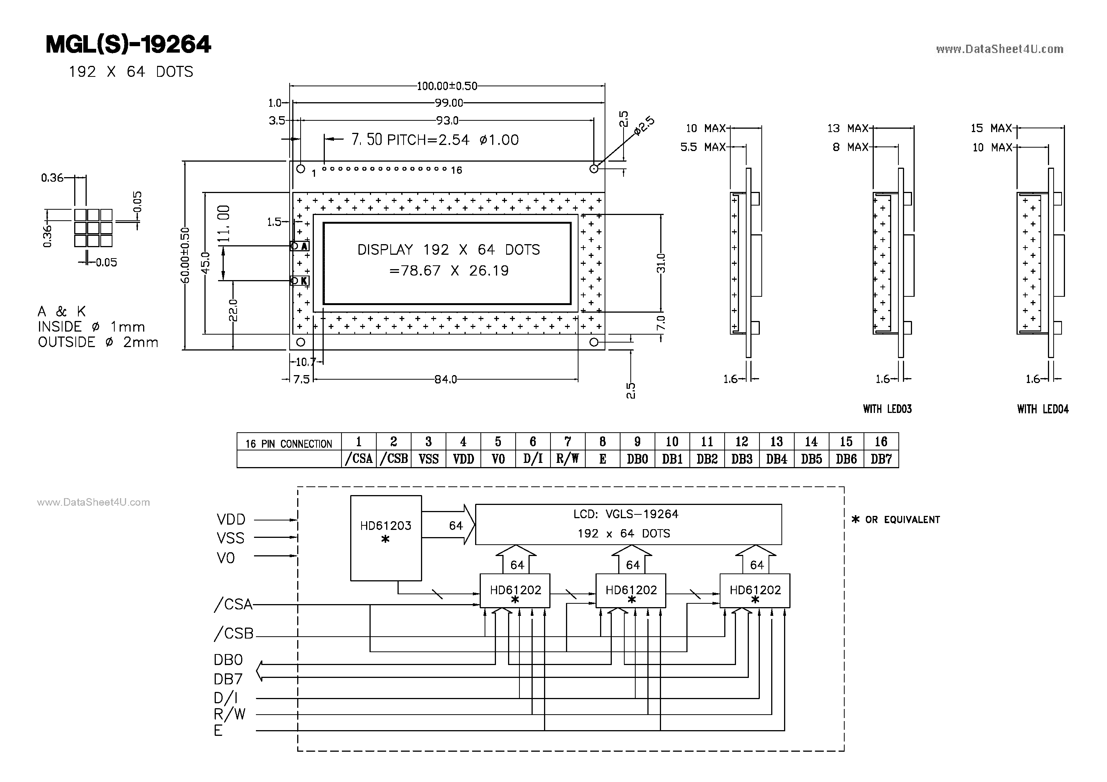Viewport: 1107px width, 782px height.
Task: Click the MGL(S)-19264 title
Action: point(128,44)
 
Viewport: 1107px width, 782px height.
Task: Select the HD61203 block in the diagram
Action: point(386,537)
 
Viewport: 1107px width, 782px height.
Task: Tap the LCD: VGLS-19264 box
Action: point(628,524)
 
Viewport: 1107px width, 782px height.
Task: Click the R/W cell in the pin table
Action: point(568,458)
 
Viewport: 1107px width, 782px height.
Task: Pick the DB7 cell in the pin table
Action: point(881,458)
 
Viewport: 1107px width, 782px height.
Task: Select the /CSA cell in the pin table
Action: point(359,458)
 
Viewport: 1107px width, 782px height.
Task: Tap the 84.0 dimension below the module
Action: point(446,379)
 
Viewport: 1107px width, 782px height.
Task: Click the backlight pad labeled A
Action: point(299,246)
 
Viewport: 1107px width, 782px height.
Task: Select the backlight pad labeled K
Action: point(299,280)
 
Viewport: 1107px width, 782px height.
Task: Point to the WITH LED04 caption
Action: point(1042,409)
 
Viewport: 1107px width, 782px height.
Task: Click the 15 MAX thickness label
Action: point(991,128)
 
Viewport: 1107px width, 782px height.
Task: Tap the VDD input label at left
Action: point(231,519)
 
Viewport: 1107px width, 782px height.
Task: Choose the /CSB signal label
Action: point(234,633)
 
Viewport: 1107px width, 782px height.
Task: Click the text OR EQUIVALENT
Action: point(901,520)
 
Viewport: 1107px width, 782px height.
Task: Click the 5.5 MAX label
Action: point(703,147)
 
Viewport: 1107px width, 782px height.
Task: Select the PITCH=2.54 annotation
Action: point(428,140)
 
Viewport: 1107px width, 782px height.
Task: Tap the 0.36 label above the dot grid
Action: point(52,178)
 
